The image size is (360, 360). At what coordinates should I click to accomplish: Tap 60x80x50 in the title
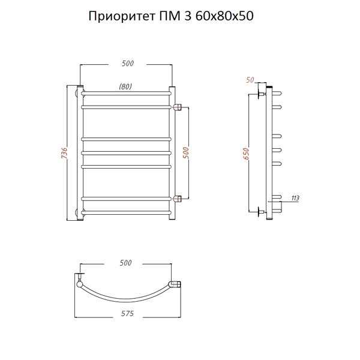[x=224, y=16]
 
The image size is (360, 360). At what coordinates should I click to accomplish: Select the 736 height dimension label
[x=65, y=152]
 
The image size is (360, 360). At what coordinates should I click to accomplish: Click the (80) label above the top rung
[x=125, y=86]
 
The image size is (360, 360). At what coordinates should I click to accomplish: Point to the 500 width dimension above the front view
[x=128, y=64]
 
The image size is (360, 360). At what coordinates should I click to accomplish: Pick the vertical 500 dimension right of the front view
[x=186, y=153]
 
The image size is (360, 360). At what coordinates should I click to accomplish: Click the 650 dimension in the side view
[x=245, y=154]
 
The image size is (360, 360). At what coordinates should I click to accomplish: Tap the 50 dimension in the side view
[x=250, y=80]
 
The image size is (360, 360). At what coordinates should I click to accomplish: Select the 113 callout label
[x=295, y=198]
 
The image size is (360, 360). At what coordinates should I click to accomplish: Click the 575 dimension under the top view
[x=127, y=313]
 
